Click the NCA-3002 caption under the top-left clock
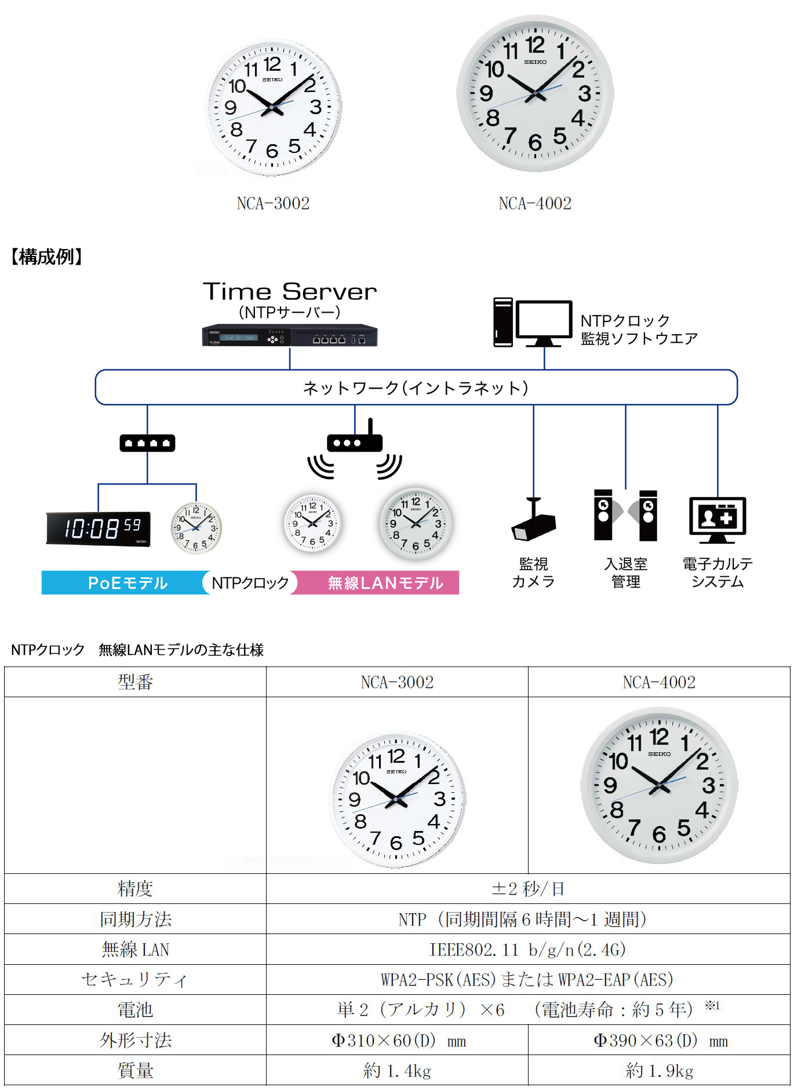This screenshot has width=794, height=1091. (273, 203)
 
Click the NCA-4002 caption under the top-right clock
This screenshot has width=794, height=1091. (535, 203)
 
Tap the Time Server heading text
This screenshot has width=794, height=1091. (290, 291)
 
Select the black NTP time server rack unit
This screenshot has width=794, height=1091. (290, 335)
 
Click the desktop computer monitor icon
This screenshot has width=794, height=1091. (544, 323)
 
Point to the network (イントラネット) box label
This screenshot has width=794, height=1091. (416, 387)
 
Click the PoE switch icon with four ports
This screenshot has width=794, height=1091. (147, 443)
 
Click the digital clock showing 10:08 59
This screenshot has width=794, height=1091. (99, 528)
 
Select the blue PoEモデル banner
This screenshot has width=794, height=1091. (125, 583)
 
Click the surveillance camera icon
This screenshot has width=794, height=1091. (533, 519)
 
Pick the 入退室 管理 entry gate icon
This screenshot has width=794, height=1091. (626, 515)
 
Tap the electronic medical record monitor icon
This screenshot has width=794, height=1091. (717, 519)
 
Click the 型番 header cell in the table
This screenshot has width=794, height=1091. (135, 682)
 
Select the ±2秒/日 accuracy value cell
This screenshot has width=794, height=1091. (528, 888)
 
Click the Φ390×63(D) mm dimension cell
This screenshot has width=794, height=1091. (660, 1040)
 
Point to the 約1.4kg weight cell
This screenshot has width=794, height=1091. (398, 1070)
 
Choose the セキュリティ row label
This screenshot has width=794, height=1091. (135, 979)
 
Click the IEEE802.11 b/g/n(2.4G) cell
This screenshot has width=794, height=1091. (528, 949)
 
